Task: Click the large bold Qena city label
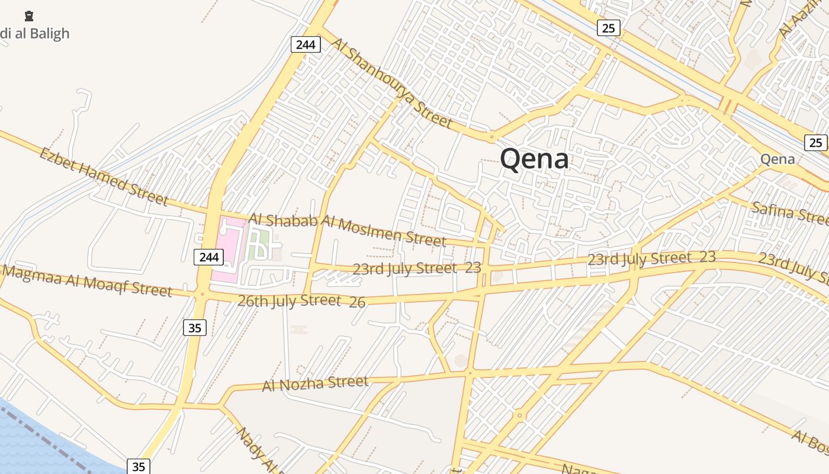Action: (534, 159)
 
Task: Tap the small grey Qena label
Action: (777, 159)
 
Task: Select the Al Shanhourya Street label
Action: (391, 84)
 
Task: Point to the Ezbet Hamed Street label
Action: (103, 177)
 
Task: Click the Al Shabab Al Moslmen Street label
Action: (346, 229)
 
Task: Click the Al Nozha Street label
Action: (315, 383)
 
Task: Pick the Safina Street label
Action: (790, 213)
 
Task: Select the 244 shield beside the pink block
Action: (209, 257)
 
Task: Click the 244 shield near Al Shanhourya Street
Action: (306, 44)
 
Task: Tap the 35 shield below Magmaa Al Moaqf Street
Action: (195, 327)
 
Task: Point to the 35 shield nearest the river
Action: (139, 466)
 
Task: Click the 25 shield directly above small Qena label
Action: (815, 142)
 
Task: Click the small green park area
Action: (258, 244)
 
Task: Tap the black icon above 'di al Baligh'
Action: (28, 16)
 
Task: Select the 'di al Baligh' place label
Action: (35, 34)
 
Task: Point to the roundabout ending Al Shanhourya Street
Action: (491, 137)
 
